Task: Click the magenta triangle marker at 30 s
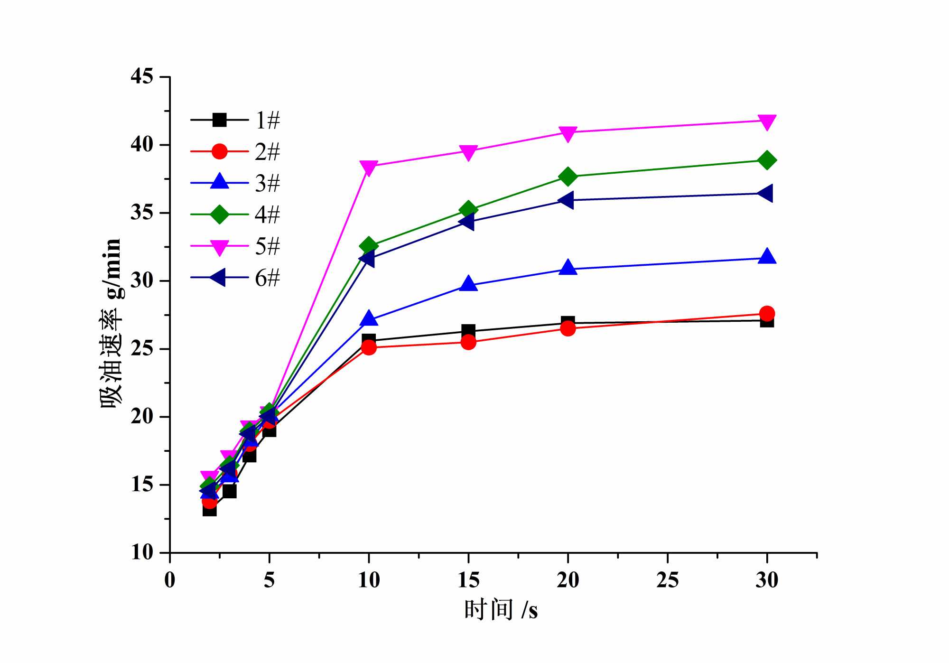(x=767, y=121)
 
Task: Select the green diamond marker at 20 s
(x=568, y=177)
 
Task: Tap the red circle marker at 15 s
(x=468, y=342)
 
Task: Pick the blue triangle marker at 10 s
(x=369, y=319)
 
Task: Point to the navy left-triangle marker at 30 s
(x=766, y=194)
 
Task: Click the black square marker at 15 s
(x=468, y=331)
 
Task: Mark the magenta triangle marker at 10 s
(x=369, y=167)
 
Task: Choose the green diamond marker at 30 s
(x=767, y=160)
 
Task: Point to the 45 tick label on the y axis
(x=142, y=76)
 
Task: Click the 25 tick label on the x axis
(x=667, y=580)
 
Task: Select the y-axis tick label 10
(x=142, y=552)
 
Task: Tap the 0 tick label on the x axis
(x=170, y=580)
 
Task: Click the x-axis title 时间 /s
(x=501, y=610)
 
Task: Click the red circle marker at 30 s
(x=767, y=313)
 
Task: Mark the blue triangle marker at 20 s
(x=568, y=268)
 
